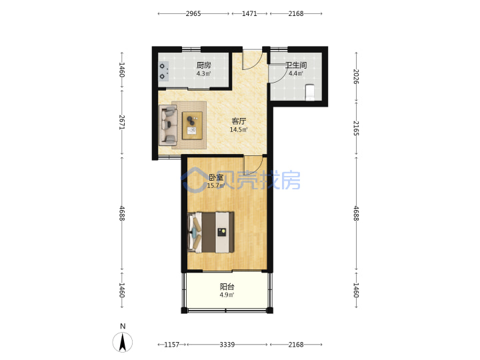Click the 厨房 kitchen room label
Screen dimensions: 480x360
point(203,65)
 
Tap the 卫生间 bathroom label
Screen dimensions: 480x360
point(296,65)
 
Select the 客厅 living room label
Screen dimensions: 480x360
point(239,121)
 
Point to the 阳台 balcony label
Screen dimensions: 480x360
point(227,287)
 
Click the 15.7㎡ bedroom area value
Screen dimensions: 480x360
point(216,186)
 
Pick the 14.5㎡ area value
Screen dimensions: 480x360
point(239,130)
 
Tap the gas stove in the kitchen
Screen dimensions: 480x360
point(163,71)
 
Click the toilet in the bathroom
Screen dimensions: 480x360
point(310,92)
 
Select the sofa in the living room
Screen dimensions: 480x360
point(168,125)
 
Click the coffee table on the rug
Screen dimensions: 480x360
point(192,125)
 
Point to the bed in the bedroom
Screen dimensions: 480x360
point(211,233)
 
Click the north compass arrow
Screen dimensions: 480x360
point(123,342)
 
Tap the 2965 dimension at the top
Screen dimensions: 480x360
point(193,14)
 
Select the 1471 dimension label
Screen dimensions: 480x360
point(249,14)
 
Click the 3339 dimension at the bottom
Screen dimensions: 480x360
point(227,345)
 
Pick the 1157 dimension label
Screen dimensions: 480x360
point(172,345)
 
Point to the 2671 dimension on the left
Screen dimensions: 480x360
point(122,122)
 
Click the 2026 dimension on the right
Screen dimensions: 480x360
point(356,77)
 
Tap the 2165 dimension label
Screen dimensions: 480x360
point(356,128)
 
